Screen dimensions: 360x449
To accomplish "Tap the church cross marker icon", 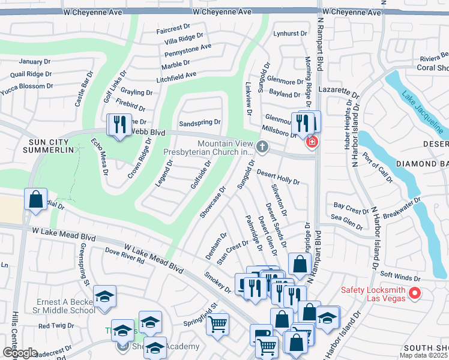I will coord(262,146).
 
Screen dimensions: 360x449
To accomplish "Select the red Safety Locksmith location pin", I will coord(414,293).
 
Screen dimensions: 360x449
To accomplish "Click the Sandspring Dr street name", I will coord(200,122).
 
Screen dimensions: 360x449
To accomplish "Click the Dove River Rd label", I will coord(125,256).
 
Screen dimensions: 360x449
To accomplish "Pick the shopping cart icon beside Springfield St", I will coord(217,324).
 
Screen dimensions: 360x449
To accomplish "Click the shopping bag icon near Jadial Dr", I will coord(35,199).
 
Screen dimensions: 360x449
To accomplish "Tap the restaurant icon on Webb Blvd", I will coord(118,125).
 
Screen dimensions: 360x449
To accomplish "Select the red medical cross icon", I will coord(312,142).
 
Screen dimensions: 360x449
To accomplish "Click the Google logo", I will coord(20,353).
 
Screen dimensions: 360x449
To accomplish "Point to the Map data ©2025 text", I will coord(423,355).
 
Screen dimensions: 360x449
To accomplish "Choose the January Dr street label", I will coord(34,62).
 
